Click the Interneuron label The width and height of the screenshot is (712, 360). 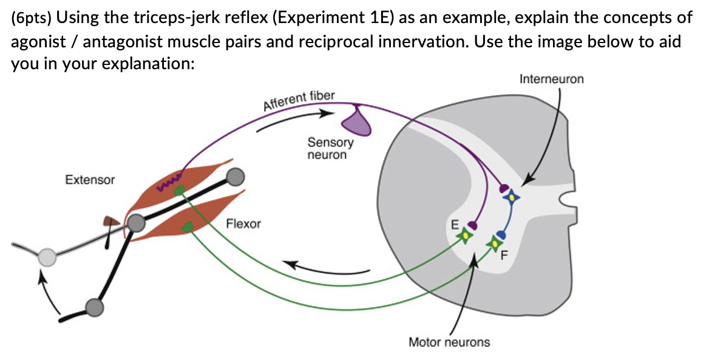551,80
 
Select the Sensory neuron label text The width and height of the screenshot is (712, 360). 330,149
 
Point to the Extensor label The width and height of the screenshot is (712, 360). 89,180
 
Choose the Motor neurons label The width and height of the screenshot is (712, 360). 449,342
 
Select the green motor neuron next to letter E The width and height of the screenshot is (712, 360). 465,236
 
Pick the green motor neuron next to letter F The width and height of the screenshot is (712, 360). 495,243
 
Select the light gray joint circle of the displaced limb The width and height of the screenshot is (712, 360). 47,257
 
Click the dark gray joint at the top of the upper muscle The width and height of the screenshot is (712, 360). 234,176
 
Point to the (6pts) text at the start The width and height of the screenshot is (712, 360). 30,17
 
